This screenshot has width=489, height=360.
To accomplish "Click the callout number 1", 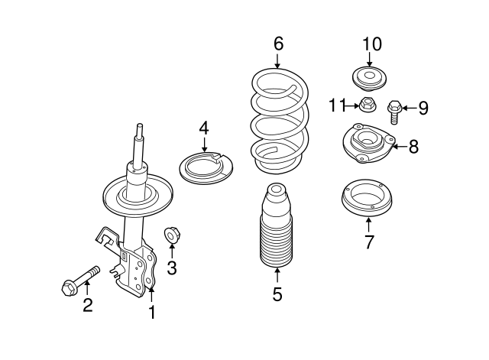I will pos(151,312).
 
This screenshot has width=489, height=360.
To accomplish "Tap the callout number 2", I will pos(87,306).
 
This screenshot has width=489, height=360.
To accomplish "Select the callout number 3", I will pos(172,267).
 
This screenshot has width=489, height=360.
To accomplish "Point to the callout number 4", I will pos(204,127).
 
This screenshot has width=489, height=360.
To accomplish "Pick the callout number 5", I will pos(277,293).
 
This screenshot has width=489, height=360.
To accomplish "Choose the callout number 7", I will pos(369,242).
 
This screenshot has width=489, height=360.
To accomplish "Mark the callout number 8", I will pos(413,146).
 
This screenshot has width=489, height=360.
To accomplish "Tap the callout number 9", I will pos(422,108).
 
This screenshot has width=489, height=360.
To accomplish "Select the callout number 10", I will pos(371,44).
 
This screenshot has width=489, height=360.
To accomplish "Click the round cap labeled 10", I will pos(370,79).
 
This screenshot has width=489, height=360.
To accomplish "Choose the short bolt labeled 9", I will pos(395,112).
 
